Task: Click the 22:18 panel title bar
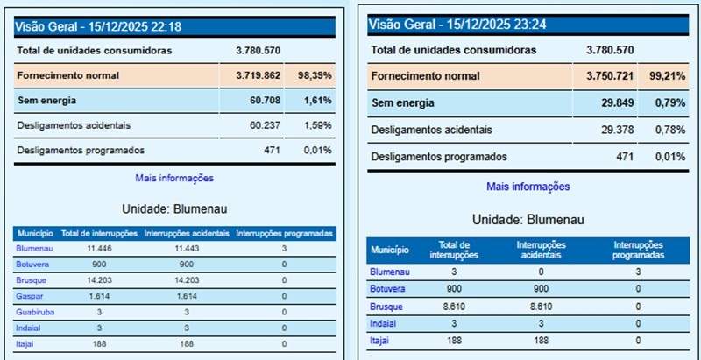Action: (x=175, y=27)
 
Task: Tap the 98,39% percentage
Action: (x=315, y=75)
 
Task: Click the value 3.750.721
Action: (x=610, y=77)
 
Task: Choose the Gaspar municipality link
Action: (x=29, y=295)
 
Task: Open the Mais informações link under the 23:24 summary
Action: (x=528, y=187)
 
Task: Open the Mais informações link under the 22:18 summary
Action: (x=174, y=178)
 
